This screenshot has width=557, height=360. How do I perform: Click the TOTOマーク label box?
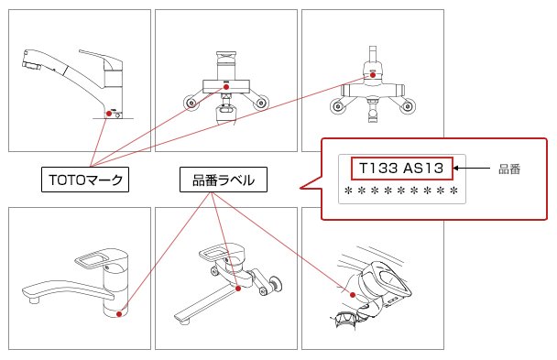coord(85,180)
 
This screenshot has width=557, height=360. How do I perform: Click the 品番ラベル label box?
coord(224,180)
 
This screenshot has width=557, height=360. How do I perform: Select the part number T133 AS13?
coord(402,169)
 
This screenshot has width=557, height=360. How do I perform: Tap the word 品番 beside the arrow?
coord(509,169)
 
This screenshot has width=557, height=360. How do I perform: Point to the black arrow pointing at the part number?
coord(472,169)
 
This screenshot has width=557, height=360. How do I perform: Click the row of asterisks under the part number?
coord(401,191)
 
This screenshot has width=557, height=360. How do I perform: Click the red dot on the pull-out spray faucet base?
coord(109,114)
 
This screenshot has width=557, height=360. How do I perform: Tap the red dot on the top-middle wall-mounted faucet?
coord(226,87)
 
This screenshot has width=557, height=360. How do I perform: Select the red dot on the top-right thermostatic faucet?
coord(373,75)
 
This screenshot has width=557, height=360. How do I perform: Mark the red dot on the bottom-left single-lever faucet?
coord(119,314)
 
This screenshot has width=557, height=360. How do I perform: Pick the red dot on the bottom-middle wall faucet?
coord(238,289)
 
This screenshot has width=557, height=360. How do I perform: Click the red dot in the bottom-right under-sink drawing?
coord(353,295)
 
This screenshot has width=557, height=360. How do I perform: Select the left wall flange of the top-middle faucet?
coord(191,103)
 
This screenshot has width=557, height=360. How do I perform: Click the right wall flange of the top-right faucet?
coord(408,105)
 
